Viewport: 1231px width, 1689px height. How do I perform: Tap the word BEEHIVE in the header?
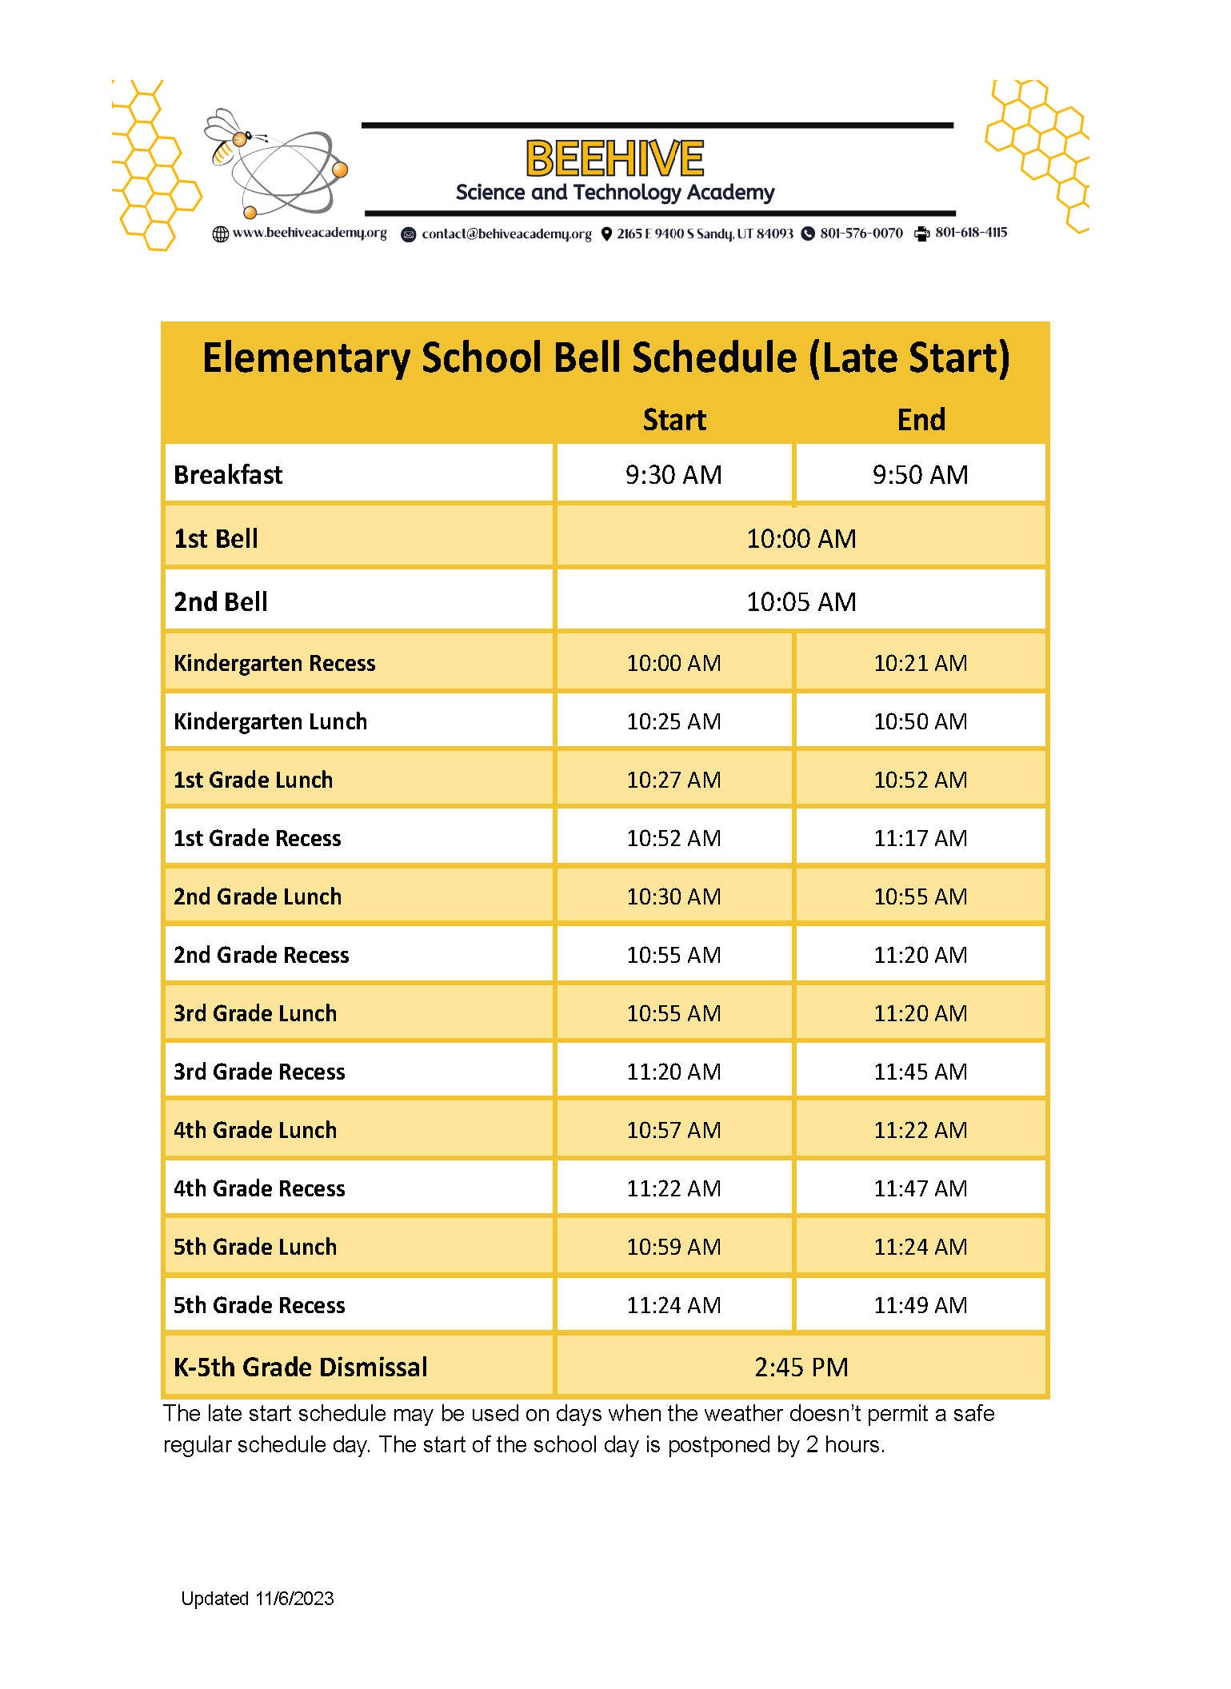[614, 158]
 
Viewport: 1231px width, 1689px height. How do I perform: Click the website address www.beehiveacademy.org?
[310, 234]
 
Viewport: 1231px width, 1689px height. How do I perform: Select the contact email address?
[506, 234]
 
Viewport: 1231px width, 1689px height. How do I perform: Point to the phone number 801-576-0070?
[861, 234]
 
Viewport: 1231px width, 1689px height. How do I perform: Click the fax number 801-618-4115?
[971, 233]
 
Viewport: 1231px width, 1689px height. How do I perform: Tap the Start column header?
[674, 420]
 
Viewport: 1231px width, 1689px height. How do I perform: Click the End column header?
[921, 420]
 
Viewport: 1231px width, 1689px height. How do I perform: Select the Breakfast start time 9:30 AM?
[673, 475]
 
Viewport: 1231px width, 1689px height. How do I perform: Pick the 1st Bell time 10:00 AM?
[801, 539]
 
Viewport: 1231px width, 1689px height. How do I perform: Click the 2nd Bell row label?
[221, 602]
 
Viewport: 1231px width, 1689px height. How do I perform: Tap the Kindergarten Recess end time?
[920, 663]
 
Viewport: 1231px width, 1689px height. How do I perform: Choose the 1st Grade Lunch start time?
[673, 780]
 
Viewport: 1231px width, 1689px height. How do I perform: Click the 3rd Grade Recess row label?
[259, 1072]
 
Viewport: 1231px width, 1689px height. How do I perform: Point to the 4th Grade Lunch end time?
[920, 1130]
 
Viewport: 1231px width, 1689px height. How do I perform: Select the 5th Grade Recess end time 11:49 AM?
[920, 1305]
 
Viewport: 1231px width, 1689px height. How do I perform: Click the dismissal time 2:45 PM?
[801, 1368]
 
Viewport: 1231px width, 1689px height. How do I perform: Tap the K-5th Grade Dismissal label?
[301, 1368]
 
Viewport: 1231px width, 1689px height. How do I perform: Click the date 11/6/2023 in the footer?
[294, 1599]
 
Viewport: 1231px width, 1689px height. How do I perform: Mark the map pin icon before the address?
[606, 234]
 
